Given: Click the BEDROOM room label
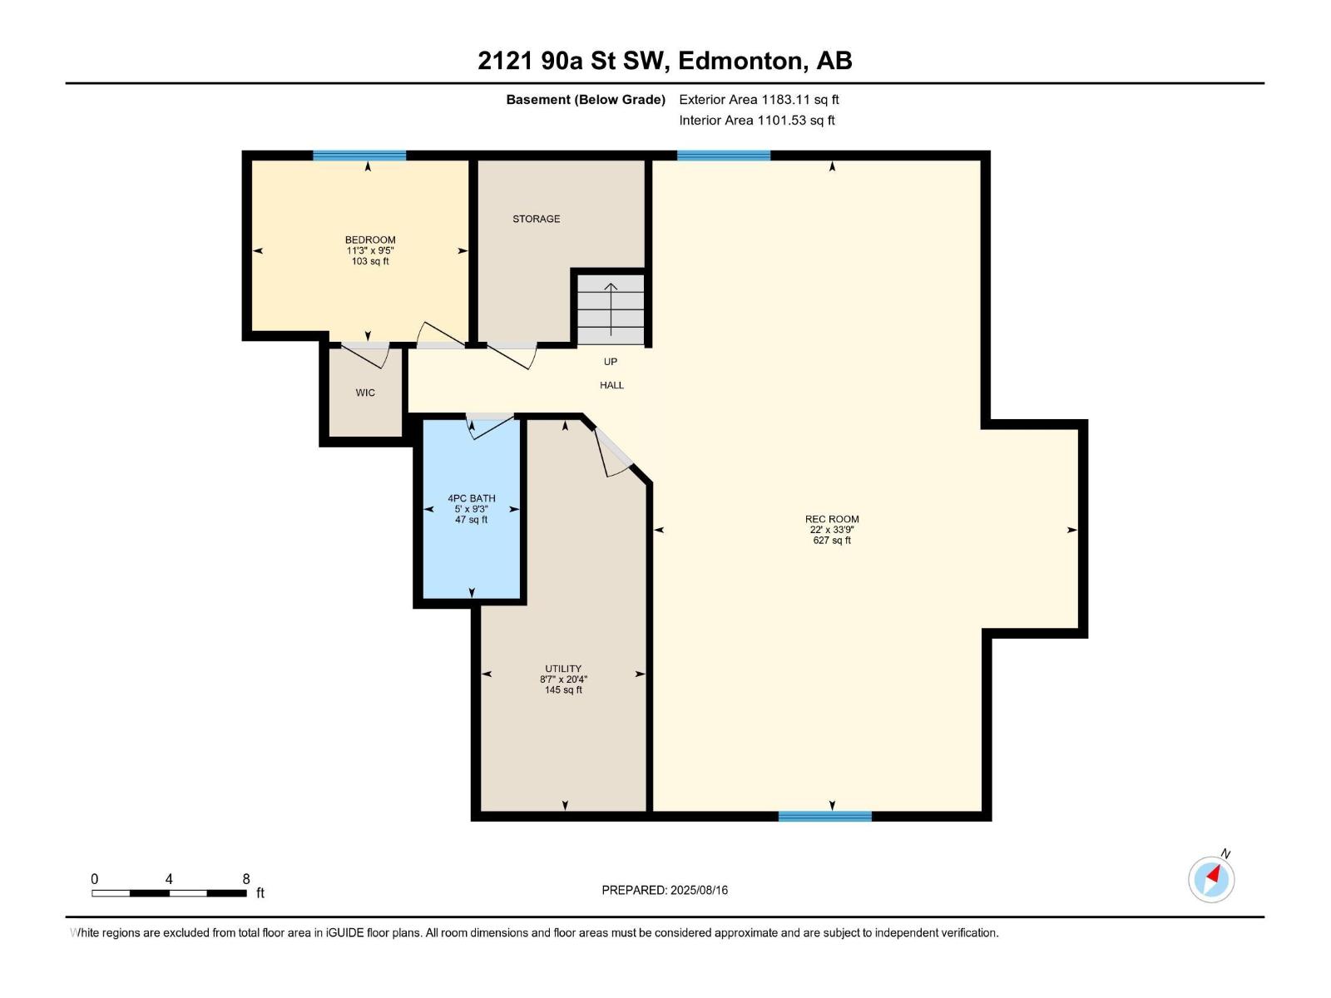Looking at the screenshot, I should point(370,240).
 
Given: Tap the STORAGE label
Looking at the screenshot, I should point(536,219).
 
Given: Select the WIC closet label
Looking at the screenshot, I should point(365,393).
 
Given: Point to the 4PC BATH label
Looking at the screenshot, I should point(471,498).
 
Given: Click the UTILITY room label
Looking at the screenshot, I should point(563,669).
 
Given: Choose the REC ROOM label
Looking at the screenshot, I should point(832,519).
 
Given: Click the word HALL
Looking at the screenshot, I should point(611,385).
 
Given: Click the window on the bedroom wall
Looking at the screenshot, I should point(359,156).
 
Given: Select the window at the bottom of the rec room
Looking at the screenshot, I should point(824,816).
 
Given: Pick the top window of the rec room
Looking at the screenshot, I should point(724,156).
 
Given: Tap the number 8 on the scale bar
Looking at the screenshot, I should point(246,879).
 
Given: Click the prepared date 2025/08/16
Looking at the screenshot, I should point(699,890).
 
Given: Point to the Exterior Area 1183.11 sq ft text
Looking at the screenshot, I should point(759,100).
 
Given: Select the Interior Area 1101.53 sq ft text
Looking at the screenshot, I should point(756,121).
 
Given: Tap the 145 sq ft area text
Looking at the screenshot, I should point(563,690).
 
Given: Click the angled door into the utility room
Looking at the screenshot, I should point(614,453).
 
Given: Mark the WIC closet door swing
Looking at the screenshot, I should point(367,354).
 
